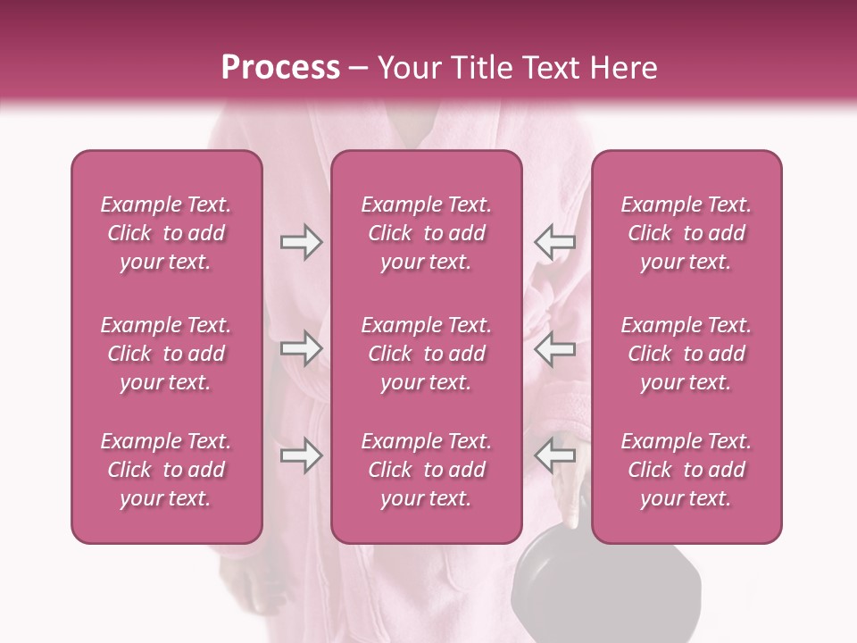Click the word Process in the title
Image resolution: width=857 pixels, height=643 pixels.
(x=280, y=68)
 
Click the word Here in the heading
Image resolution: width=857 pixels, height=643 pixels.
(x=623, y=68)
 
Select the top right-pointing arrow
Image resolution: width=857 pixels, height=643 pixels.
(x=301, y=242)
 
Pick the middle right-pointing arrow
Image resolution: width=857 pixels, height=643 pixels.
(x=301, y=349)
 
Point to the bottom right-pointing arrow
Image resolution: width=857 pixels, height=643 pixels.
(x=301, y=456)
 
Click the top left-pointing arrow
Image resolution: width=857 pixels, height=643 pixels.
(x=554, y=242)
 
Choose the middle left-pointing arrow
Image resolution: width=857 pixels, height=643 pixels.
(x=554, y=349)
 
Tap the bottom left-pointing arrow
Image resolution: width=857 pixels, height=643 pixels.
(x=554, y=456)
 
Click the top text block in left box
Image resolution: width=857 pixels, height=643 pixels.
(x=166, y=233)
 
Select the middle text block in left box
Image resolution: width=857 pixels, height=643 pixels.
(x=166, y=354)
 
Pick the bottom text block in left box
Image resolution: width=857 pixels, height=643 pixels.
(x=166, y=470)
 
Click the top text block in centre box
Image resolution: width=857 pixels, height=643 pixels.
(x=426, y=233)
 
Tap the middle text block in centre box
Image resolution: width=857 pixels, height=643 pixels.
(x=426, y=354)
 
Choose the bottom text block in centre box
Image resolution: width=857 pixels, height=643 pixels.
(x=426, y=470)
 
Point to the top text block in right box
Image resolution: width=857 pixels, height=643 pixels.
(x=686, y=233)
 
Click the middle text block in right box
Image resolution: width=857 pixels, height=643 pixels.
(x=686, y=354)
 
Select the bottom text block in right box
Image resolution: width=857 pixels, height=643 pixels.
(x=686, y=470)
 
